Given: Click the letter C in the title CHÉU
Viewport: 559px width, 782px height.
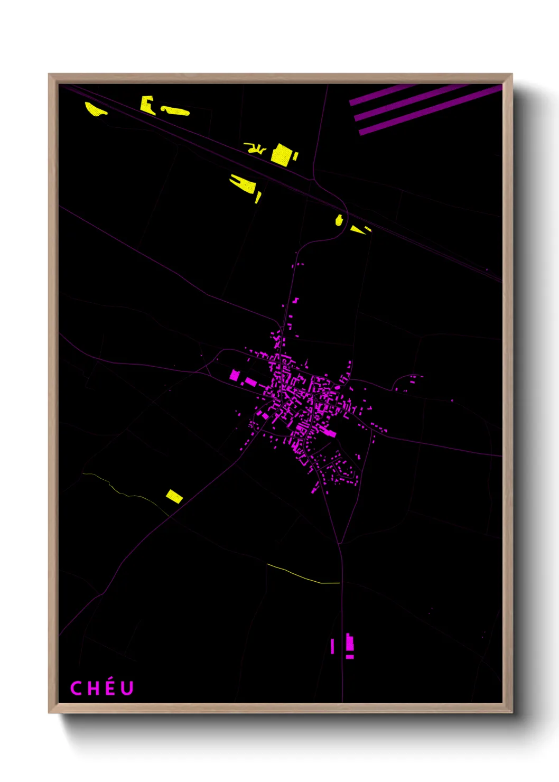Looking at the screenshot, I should (76, 688).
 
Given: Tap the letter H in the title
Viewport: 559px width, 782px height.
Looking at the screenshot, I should (94, 688).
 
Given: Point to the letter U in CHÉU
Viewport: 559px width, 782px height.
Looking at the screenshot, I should (127, 688).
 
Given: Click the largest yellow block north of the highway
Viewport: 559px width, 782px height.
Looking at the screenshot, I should (281, 154).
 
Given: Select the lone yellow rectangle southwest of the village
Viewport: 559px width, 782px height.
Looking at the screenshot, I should (174, 496).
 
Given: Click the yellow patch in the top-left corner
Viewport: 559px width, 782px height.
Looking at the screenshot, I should (95, 109).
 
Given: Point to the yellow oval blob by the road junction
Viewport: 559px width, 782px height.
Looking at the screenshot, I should (339, 220).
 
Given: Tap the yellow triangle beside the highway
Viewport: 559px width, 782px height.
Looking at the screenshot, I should (358, 230).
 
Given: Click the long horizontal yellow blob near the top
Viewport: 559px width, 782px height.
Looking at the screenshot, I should (175, 111).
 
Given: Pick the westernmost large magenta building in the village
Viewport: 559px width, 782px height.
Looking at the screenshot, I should (235, 375).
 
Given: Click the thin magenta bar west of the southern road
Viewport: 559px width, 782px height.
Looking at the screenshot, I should (332, 646).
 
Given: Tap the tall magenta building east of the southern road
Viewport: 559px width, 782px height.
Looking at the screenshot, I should (349, 643).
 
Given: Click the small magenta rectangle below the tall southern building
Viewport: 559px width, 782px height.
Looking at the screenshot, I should (350, 657).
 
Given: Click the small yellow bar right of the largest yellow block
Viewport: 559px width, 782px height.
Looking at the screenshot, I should (295, 156).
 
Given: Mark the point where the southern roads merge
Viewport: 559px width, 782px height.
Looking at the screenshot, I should (340, 544).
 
